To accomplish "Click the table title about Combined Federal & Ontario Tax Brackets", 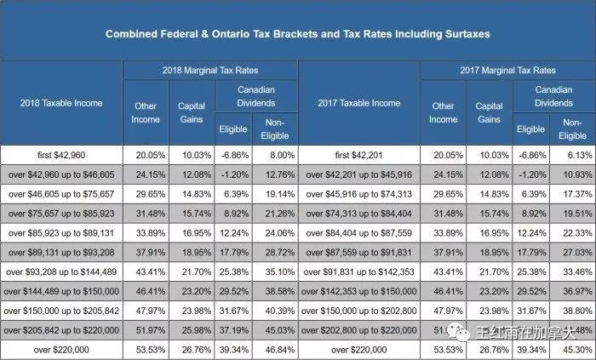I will click(298, 34).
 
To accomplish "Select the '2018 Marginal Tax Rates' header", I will click(209, 70).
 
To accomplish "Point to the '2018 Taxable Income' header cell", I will click(61, 103).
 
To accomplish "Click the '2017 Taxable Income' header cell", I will click(358, 103).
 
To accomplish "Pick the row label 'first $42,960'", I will click(61, 155).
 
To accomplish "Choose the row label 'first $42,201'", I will click(358, 155).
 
